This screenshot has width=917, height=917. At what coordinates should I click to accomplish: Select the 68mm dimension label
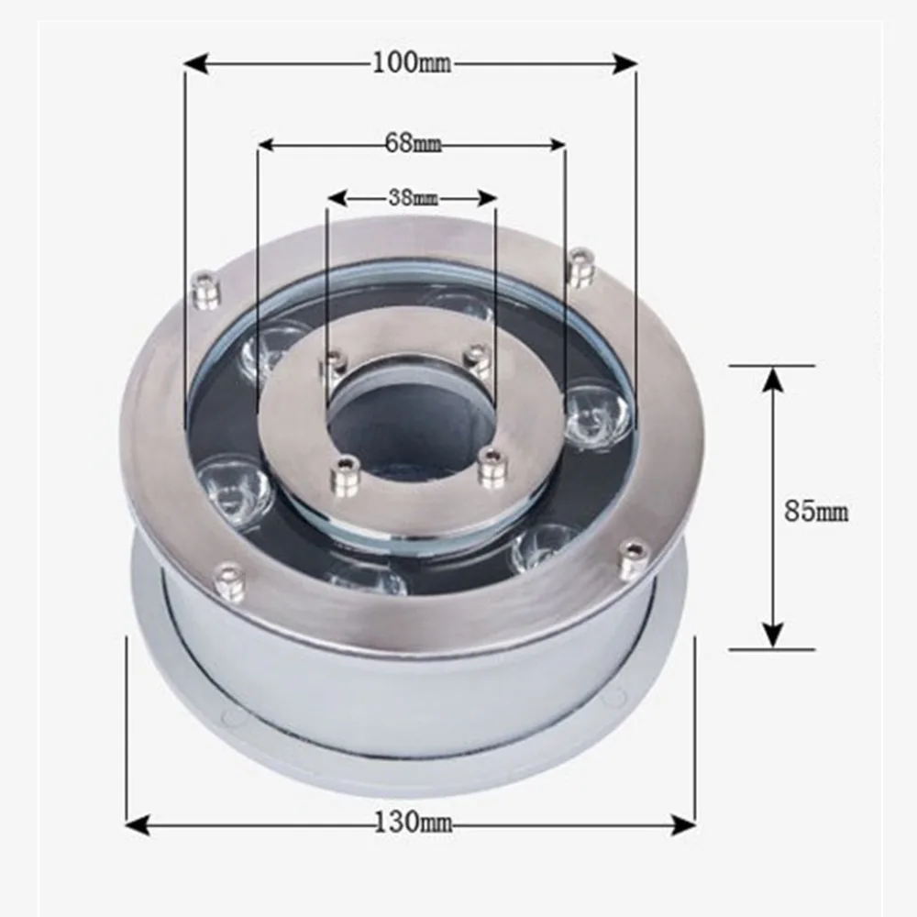pos(413,144)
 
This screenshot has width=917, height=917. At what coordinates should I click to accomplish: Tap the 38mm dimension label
pos(412,197)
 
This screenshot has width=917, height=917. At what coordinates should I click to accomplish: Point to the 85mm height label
pos(816,511)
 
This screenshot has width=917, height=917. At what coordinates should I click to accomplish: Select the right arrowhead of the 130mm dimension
pos(685,824)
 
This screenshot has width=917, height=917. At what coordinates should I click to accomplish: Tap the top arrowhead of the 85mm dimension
pos(773,377)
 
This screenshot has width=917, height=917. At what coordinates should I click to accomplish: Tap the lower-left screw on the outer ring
pos(229,581)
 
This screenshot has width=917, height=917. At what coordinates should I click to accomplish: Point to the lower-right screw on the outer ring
pos(634,558)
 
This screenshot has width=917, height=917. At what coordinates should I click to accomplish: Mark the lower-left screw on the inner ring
pos(345,476)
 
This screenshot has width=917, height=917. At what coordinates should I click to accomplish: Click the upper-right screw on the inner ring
pos(479,360)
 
